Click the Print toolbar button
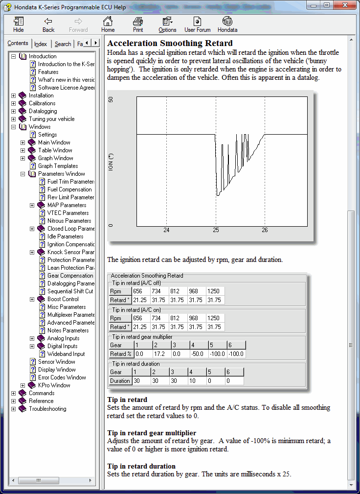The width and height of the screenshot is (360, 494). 138,24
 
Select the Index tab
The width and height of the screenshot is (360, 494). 41,44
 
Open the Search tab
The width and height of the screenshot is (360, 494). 63,44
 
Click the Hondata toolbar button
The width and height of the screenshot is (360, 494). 227,24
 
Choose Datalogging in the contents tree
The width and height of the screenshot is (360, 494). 43,111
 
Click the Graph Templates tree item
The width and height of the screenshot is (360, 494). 58,166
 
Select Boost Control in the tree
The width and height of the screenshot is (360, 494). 63,299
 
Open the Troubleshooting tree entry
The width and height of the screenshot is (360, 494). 47,409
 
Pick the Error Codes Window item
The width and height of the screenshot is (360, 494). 62,377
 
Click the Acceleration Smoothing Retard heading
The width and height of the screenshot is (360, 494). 170,43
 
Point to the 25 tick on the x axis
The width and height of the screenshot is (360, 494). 216,230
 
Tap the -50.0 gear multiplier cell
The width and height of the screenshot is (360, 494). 198,354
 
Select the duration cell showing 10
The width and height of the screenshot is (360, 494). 198,380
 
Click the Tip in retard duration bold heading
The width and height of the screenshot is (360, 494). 141,466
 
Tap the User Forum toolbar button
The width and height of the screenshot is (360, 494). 198,24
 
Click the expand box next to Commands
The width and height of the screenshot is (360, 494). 14,393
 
